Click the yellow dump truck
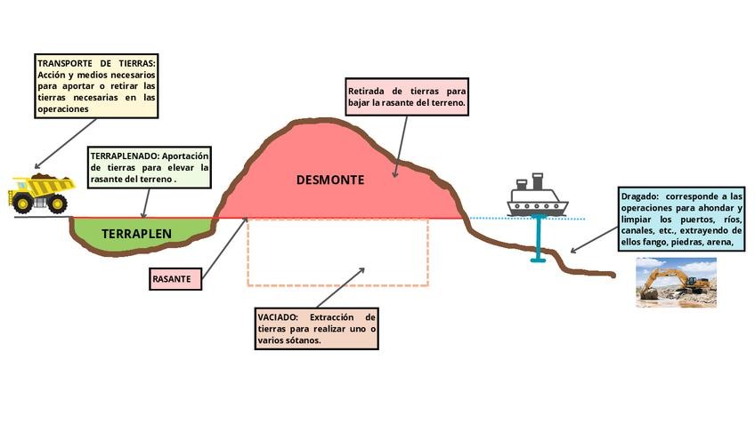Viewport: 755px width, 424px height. [41, 192]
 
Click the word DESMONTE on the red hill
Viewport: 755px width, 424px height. [330, 180]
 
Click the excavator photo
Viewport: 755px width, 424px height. [676, 283]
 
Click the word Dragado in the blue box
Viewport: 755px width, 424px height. [638, 196]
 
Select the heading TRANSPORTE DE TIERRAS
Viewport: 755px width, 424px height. [96, 64]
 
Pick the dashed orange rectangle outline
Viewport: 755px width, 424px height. [338, 284]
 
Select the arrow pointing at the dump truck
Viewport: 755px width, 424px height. [64, 143]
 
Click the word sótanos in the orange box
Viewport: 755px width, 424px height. [300, 341]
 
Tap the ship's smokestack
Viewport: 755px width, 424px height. [537, 180]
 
